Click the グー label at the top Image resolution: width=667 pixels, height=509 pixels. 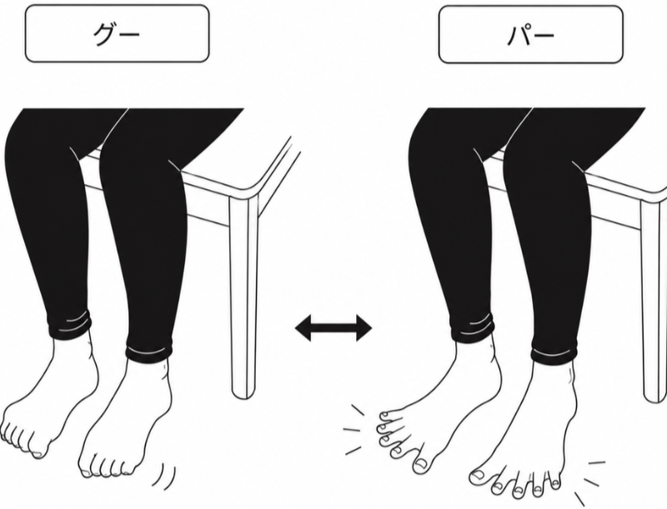pyautogui.click(x=117, y=33)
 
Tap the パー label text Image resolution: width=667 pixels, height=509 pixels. pyautogui.click(x=531, y=34)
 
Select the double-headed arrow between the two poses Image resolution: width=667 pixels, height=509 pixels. pyautogui.click(x=333, y=327)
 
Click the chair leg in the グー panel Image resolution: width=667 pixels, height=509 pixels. pyautogui.click(x=243, y=297)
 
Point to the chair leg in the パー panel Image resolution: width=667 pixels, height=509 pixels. pyautogui.click(x=654, y=302)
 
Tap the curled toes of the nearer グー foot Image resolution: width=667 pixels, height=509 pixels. pyautogui.click(x=107, y=467)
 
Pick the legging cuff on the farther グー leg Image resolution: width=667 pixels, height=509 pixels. pyautogui.click(x=70, y=325)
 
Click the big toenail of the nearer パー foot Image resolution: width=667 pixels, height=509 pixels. pyautogui.click(x=480, y=475)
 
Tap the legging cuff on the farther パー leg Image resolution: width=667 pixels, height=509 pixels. pyautogui.click(x=472, y=327)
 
